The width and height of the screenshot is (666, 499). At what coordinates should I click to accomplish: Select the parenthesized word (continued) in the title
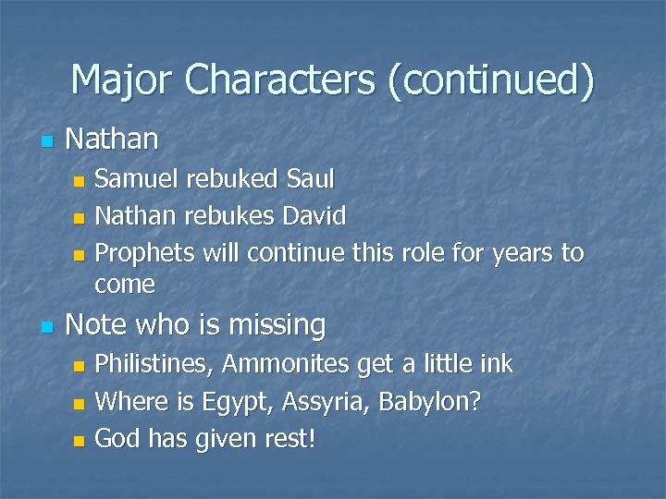pos(490,80)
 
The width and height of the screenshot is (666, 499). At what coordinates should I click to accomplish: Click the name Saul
pos(311,178)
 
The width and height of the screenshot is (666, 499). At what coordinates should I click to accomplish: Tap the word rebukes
pos(227,216)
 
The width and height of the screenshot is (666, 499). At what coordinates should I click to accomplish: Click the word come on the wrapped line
pos(125,284)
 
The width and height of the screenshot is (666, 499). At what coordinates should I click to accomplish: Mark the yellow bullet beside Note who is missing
pos(47,327)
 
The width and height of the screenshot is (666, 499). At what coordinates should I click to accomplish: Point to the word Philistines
pos(155,364)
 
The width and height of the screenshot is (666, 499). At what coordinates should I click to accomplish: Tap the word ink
pos(494,364)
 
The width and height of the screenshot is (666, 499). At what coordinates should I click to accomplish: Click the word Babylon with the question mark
pos(438,402)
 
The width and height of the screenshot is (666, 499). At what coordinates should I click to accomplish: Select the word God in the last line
pos(117,439)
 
